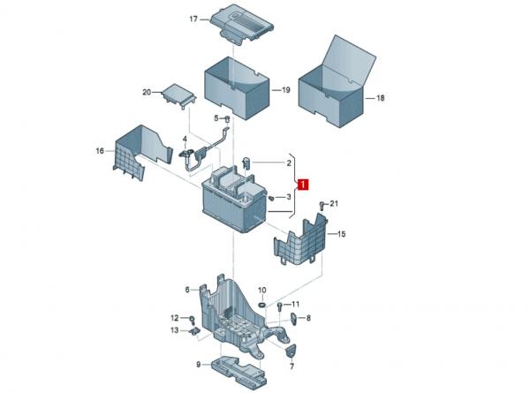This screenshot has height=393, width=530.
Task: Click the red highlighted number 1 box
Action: pos(303,185)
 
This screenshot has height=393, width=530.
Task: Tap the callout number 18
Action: pos(381,98)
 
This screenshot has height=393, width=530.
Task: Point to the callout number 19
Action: pos(286,90)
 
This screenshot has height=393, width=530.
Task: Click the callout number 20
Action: pos(147,92)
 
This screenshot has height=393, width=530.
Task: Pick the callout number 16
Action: pos(100,151)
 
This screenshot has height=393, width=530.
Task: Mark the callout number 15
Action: pos(342,233)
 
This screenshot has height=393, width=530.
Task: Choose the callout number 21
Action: pos(334,204)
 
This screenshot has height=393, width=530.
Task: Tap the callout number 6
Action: pos(187,289)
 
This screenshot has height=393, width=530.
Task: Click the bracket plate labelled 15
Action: pos(302,242)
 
